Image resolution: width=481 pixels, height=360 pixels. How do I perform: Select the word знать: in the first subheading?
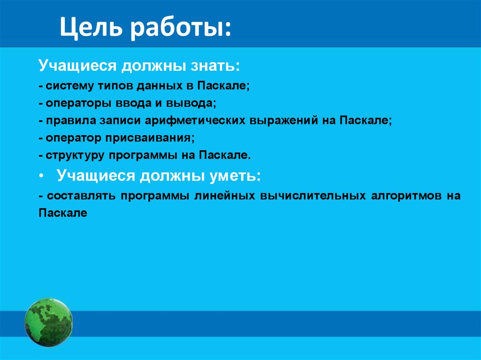pos(215,65)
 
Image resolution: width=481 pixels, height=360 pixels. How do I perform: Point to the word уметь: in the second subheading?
pos(235,176)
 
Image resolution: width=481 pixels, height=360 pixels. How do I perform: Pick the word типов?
pos(115,85)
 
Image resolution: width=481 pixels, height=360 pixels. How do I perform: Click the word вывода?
pos(191,103)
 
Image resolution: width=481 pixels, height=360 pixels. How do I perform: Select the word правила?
pos(71,120)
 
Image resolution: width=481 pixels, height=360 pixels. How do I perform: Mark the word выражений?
pos(283,120)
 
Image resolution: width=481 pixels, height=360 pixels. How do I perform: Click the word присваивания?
pos(150,138)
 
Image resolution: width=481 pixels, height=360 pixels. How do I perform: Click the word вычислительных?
pos(313,196)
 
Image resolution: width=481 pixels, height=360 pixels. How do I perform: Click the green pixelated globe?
pos(48,322)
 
